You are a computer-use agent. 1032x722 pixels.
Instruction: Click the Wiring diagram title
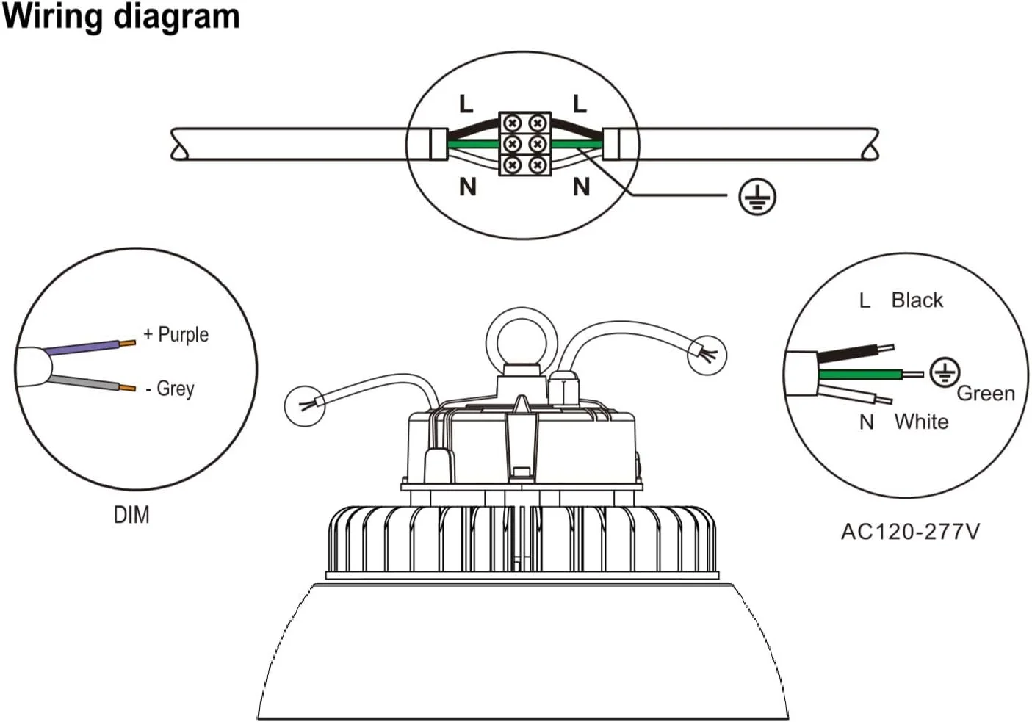[121, 16]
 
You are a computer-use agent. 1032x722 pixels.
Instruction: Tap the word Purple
[183, 335]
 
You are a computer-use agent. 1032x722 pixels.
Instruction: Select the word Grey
[175, 388]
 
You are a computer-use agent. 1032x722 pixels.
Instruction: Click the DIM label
[131, 515]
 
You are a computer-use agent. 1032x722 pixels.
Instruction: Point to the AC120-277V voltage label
[910, 531]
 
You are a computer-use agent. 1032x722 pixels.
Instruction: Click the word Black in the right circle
[917, 300]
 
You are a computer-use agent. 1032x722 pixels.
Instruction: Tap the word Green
[985, 394]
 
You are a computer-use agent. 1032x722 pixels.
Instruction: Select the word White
[921, 422]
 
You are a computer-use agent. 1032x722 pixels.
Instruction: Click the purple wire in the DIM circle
[84, 347]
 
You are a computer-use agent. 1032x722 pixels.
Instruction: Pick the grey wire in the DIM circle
[84, 383]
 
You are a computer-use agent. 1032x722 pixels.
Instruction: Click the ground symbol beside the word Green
[944, 372]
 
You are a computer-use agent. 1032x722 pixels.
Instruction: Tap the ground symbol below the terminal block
[757, 197]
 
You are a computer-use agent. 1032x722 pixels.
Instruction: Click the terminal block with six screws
[524, 144]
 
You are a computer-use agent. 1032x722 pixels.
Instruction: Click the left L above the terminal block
[466, 104]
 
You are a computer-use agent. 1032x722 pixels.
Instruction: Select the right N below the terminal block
[581, 187]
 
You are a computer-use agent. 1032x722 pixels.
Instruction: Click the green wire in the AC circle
[859, 375]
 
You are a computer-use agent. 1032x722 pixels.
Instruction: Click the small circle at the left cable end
[305, 405]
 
